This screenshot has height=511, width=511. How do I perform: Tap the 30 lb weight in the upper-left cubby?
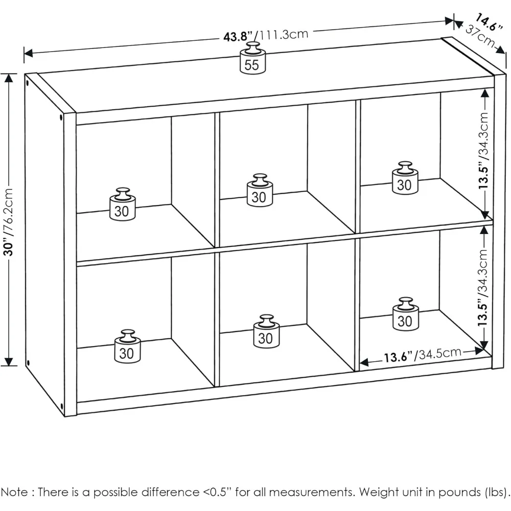(x=123, y=205)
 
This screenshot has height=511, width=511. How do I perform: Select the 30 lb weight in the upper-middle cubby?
(x=259, y=191)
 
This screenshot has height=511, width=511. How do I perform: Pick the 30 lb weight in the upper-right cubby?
(x=405, y=179)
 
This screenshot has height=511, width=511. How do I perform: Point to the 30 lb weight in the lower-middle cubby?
(x=266, y=332)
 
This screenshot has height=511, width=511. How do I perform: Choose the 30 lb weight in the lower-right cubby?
(x=405, y=315)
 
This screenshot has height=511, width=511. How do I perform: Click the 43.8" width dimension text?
(x=238, y=37)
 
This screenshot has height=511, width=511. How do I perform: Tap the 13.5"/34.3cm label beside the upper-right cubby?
(x=484, y=152)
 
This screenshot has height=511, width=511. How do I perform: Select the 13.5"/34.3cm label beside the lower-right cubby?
(x=484, y=290)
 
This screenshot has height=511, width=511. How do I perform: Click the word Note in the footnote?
(x=15, y=493)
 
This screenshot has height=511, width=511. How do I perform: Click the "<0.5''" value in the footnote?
(x=214, y=493)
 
